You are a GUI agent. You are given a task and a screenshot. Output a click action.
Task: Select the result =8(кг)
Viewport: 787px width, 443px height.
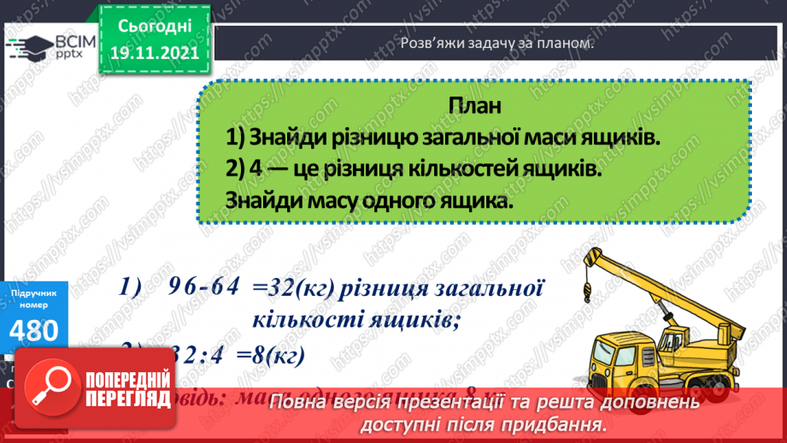point(276,353)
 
